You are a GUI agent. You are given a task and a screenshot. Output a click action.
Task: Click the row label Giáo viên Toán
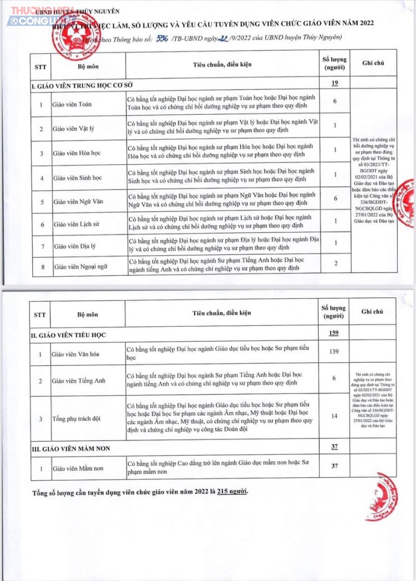click(72, 104)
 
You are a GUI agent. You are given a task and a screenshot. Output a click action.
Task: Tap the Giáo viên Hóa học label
click(76, 153)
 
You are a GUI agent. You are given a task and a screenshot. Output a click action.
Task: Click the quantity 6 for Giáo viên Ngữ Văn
click(335, 199)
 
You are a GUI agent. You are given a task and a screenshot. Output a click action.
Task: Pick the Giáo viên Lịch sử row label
click(74, 224)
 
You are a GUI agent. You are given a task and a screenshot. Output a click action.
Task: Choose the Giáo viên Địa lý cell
click(72, 244)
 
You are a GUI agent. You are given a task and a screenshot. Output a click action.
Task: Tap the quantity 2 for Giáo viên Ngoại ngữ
click(335, 264)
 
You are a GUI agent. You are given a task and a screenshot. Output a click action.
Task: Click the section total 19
click(335, 83)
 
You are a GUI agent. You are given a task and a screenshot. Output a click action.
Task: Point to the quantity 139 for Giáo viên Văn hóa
click(335, 352)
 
